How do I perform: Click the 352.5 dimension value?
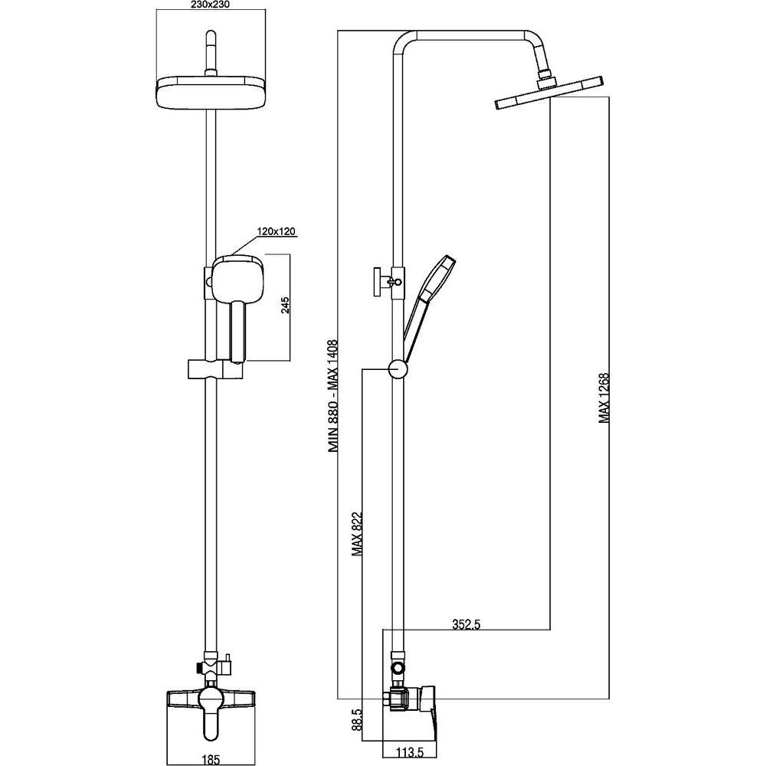[465, 624]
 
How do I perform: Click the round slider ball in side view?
[398, 369]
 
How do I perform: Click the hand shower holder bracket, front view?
[214, 368]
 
